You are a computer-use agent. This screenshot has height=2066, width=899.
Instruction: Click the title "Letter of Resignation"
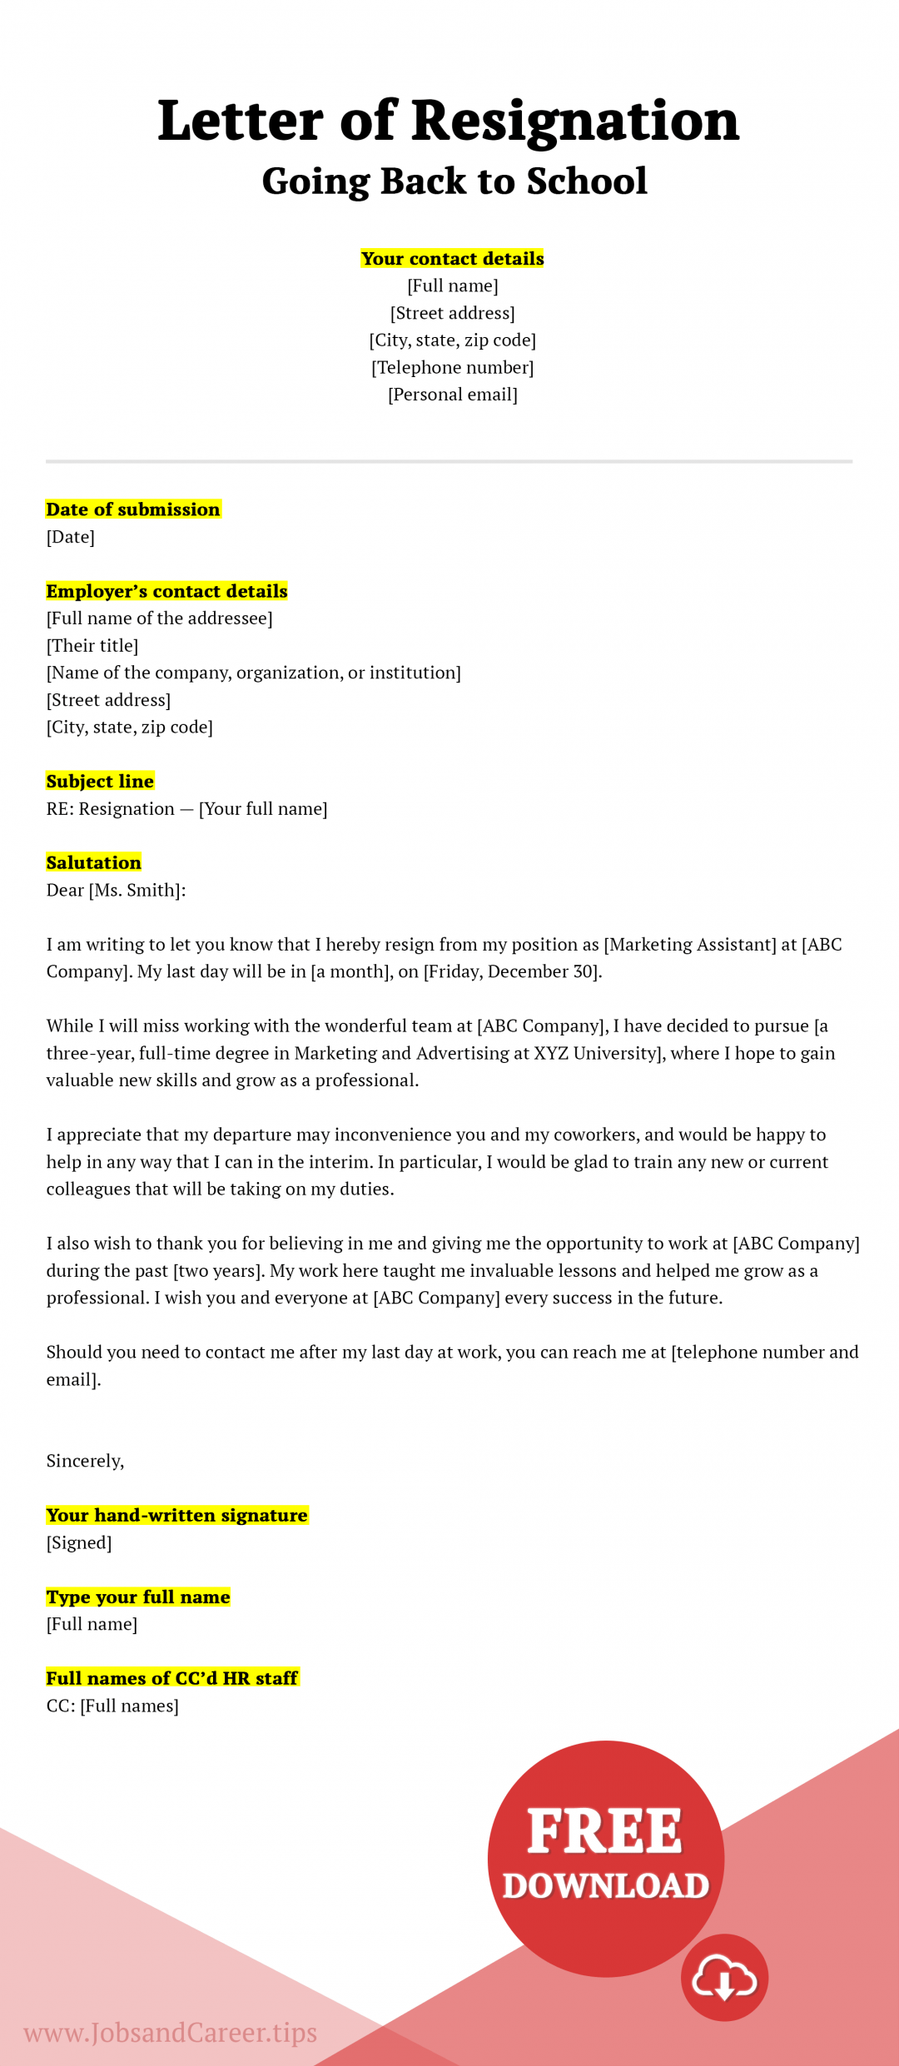(x=449, y=121)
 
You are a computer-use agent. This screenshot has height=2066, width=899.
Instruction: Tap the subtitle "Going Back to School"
(x=454, y=181)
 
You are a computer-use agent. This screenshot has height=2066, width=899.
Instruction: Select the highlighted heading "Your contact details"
(x=452, y=259)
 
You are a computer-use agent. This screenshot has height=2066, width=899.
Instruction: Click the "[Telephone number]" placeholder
(x=452, y=367)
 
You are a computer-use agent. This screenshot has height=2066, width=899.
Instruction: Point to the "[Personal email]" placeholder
(x=452, y=395)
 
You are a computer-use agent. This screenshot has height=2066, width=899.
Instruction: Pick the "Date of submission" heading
(x=133, y=509)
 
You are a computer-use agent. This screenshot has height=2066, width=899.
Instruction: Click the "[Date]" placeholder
(x=71, y=537)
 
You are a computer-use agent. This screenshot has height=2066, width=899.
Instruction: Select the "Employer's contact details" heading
(x=166, y=591)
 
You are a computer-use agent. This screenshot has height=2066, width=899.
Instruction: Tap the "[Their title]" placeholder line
(x=92, y=646)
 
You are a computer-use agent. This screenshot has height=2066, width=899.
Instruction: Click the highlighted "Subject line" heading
(x=100, y=782)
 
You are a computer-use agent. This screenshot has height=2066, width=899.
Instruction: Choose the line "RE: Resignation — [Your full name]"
(x=186, y=809)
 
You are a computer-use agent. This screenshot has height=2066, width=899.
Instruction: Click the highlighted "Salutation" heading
(x=94, y=863)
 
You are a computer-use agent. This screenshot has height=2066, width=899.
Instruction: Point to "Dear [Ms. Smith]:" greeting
(x=116, y=891)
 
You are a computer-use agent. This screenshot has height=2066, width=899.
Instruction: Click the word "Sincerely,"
(x=85, y=1461)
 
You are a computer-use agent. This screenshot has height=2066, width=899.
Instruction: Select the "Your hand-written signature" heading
(x=176, y=1516)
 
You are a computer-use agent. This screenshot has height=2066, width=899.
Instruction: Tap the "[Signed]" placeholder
(x=79, y=1543)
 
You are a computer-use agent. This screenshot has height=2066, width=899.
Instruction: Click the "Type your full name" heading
(x=138, y=1597)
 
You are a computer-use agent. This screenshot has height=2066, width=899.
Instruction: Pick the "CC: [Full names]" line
(x=112, y=1706)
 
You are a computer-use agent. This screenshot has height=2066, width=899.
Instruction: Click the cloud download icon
(x=724, y=1978)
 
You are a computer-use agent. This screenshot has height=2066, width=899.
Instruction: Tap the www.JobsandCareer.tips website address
(x=171, y=2033)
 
